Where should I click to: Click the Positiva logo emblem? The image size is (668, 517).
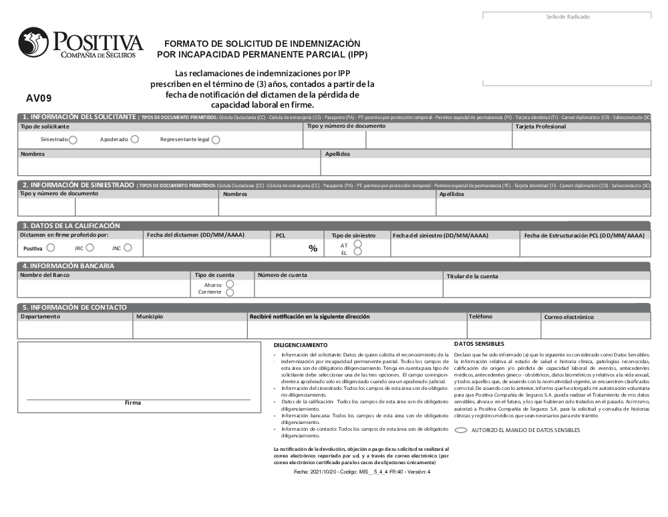tap(33, 42)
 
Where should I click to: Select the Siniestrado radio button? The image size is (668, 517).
tap(73, 140)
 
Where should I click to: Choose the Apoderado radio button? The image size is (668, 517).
tap(135, 139)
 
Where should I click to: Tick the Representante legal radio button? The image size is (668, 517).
tap(216, 140)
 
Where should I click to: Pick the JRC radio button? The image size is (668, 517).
tap(90, 247)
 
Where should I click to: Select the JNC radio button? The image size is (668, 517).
tap(128, 247)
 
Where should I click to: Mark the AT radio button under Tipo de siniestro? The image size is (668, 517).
tap(357, 245)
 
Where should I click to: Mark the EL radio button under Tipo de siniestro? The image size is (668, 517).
tap(357, 252)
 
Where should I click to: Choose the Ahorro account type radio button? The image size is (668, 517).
tap(230, 284)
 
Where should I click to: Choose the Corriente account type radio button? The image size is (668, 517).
tap(230, 292)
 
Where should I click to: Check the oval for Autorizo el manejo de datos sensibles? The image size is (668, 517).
tap(461, 430)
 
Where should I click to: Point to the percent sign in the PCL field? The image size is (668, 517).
tap(313, 248)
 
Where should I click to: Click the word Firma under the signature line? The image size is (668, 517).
tap(133, 403)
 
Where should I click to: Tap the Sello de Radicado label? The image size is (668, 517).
tap(568, 17)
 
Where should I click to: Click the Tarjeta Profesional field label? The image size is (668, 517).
tap(540, 126)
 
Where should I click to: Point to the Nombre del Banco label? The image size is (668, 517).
tap(45, 275)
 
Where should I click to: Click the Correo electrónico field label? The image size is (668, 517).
tap(568, 317)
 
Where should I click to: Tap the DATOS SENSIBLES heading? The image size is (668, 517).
tap(479, 343)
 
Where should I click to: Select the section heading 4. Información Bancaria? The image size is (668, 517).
tap(69, 266)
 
